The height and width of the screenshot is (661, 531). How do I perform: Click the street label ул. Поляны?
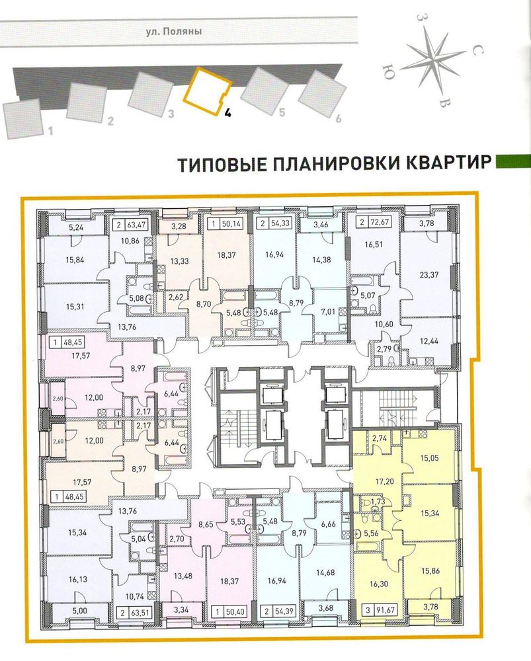point(174,31)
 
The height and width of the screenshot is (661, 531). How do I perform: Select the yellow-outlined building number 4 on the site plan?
point(208,89)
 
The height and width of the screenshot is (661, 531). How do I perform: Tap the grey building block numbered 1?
point(23,119)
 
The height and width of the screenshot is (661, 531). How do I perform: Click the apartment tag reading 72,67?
point(375,223)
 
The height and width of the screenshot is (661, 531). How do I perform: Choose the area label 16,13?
point(77,579)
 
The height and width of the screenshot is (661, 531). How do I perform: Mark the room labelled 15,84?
point(75,260)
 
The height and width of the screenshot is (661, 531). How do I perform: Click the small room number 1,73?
point(378,501)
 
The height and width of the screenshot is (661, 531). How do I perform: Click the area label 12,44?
point(429,340)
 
